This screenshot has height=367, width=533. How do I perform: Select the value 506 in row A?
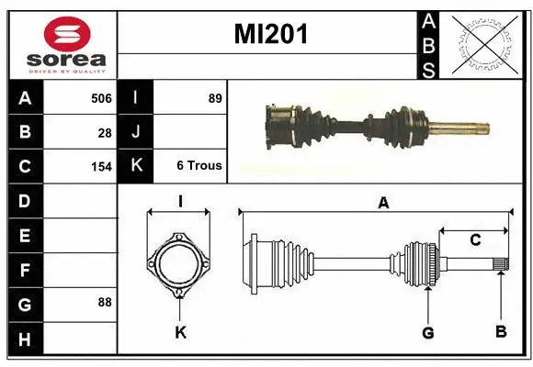pyautogui.click(x=100, y=98)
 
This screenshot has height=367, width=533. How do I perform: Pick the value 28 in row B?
pyautogui.click(x=105, y=133)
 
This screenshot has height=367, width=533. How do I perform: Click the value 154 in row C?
pyautogui.click(x=101, y=167)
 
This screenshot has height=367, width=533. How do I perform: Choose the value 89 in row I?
pyautogui.click(x=215, y=98)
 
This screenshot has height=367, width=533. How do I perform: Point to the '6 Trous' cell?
pyautogui.click(x=198, y=166)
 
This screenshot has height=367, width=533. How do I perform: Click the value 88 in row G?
pyautogui.click(x=105, y=301)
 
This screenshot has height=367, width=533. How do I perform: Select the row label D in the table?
pyautogui.click(x=24, y=201)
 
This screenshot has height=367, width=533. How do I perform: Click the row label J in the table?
pyautogui.click(x=136, y=132)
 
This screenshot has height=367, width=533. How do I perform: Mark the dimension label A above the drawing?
pyautogui.click(x=383, y=203)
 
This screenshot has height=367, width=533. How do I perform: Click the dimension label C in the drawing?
pyautogui.click(x=475, y=240)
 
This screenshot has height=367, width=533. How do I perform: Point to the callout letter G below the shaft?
pyautogui.click(x=427, y=332)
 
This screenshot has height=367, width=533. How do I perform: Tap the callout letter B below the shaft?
pyautogui.click(x=501, y=332)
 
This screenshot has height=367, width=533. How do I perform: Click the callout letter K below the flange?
pyautogui.click(x=180, y=332)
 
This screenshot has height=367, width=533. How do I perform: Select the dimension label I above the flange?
pyautogui.click(x=181, y=201)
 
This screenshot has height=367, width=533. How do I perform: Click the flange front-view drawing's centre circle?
pyautogui.click(x=179, y=265)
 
